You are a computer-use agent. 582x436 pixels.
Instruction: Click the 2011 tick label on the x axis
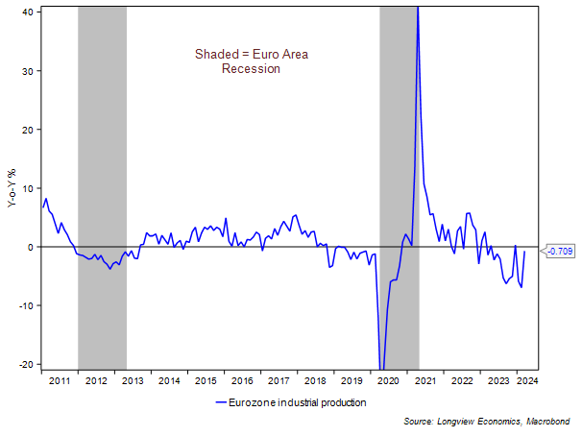[x=61, y=380]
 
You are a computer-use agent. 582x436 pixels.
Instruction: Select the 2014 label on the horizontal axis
[x=169, y=380]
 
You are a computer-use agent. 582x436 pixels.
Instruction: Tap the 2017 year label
[x=279, y=380]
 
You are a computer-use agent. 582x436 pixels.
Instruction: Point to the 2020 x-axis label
[x=389, y=380]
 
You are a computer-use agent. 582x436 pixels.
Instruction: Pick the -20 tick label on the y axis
[x=26, y=364]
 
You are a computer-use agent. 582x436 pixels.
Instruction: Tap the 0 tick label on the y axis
[x=31, y=247]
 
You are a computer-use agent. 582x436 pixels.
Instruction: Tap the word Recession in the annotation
[x=251, y=69]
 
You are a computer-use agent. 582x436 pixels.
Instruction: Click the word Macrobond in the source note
[x=548, y=423]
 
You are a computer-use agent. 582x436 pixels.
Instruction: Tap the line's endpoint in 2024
[x=524, y=251]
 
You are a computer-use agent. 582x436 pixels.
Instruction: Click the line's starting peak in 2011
[x=45, y=199]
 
